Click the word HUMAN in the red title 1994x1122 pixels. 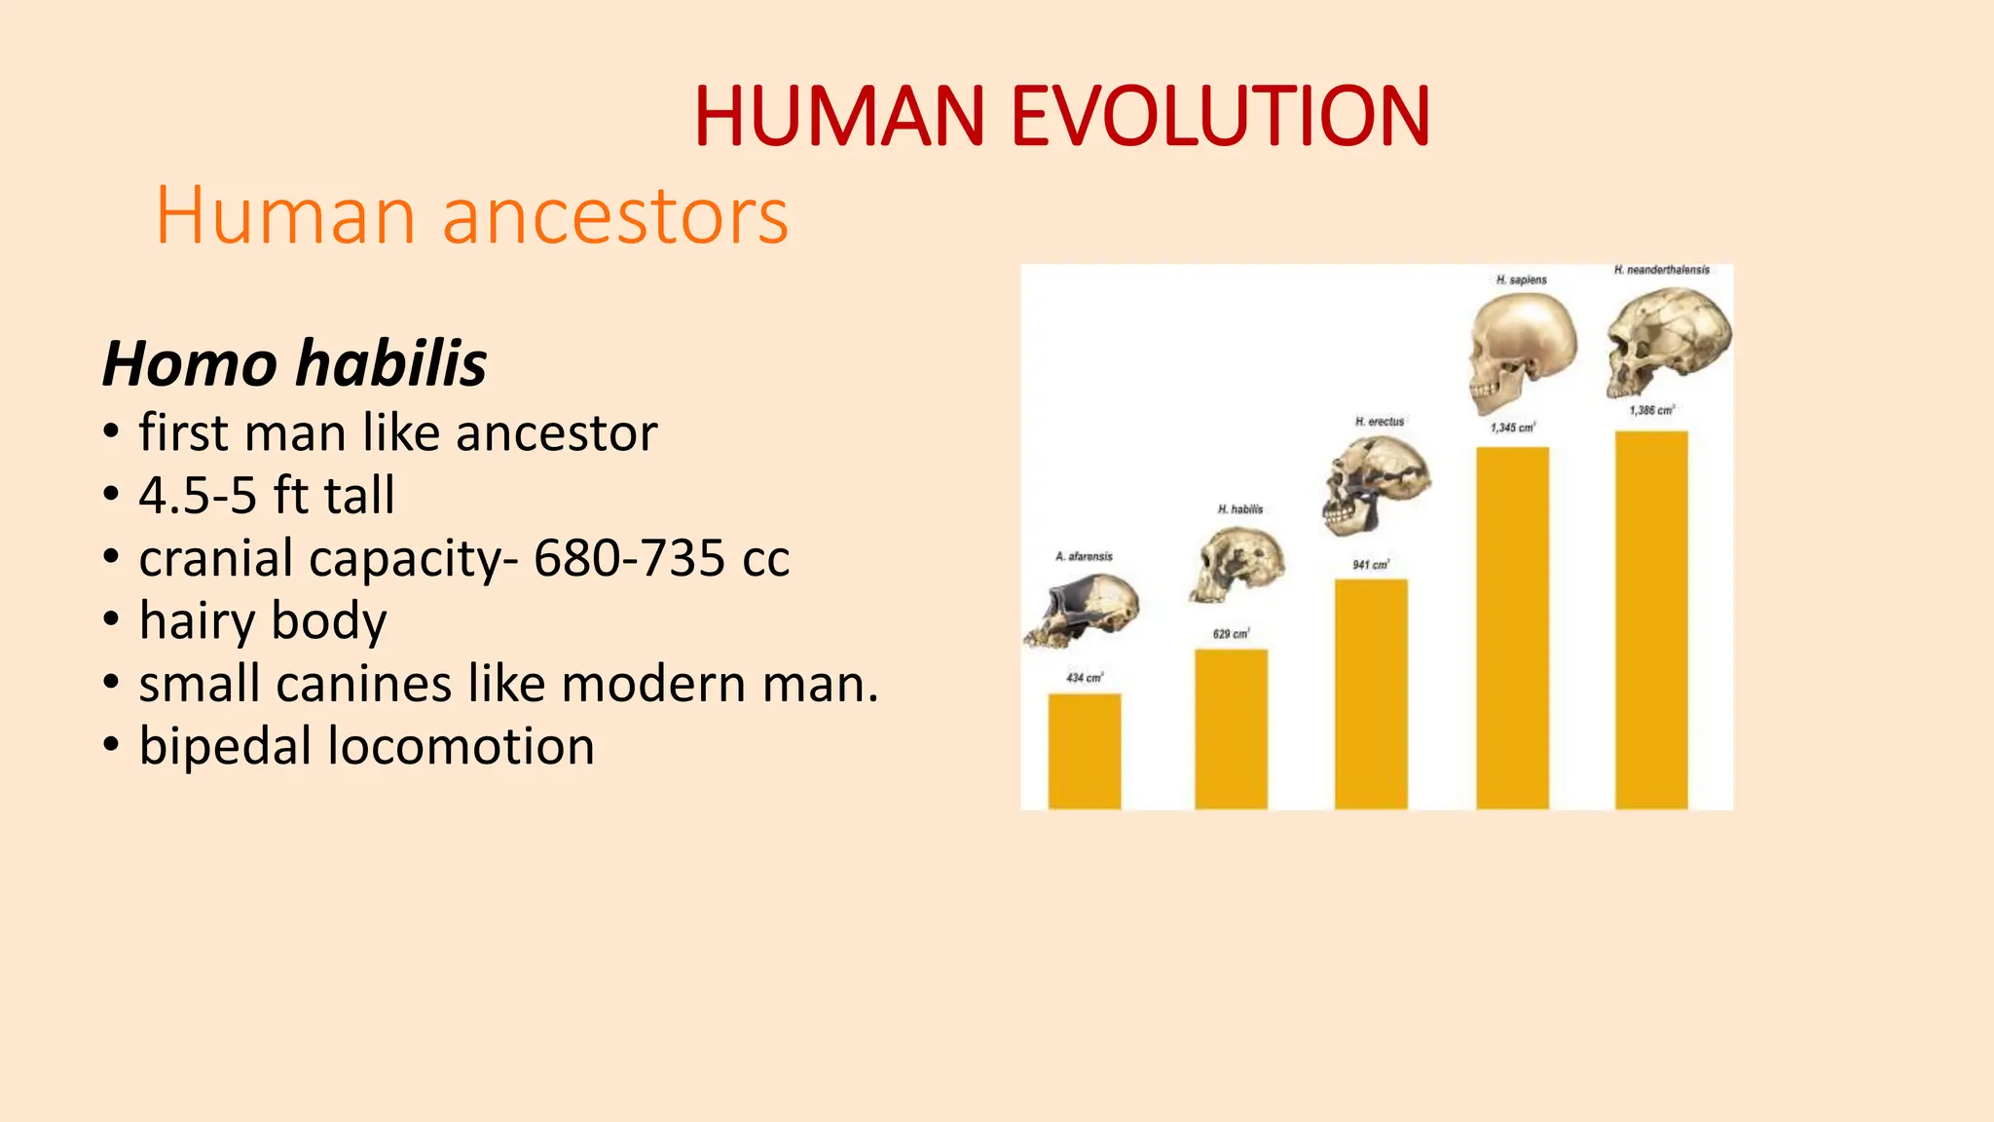[x=839, y=117]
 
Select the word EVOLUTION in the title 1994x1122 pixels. [x=1220, y=117]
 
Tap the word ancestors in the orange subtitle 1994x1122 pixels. [x=614, y=216]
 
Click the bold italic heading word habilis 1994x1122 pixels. [x=390, y=364]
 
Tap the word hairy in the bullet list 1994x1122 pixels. [x=196, y=621]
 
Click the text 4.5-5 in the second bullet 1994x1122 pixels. [x=198, y=496]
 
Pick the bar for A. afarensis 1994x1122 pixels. [x=1084, y=751]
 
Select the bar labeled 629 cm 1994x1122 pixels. [x=1231, y=729]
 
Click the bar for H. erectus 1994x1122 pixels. [x=1371, y=693]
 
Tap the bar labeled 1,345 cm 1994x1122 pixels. [x=1512, y=628]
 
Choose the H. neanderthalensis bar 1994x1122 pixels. [x=1651, y=620]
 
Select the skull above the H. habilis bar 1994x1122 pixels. [x=1237, y=564]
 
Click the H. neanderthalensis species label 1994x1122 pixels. [x=1661, y=270]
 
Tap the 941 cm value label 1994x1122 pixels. [x=1370, y=565]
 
